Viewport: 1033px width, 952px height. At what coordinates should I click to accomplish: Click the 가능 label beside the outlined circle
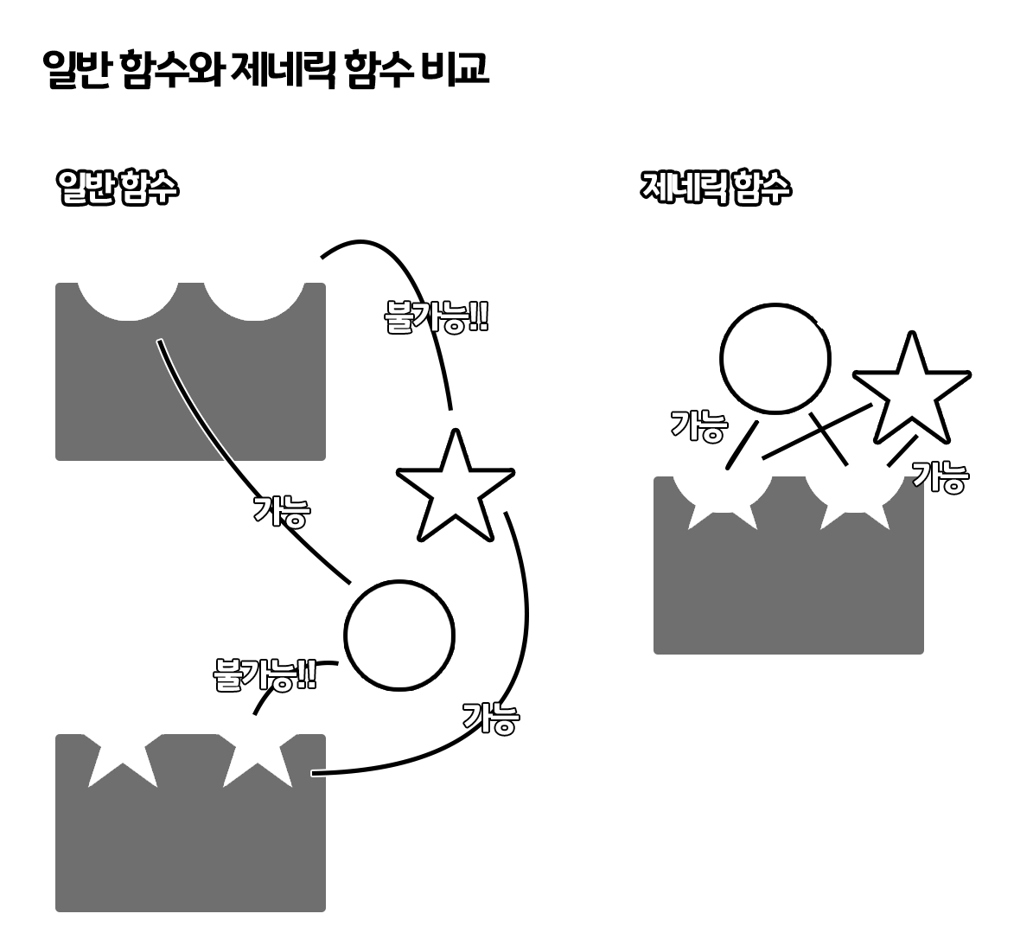pyautogui.click(x=699, y=426)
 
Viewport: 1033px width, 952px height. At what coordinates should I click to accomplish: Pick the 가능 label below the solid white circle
pyautogui.click(x=490, y=718)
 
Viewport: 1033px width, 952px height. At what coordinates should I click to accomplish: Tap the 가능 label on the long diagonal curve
pyautogui.click(x=281, y=510)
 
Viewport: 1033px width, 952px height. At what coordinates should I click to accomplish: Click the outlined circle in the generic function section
pyautogui.click(x=776, y=359)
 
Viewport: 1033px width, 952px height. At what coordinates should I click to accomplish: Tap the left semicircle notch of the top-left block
pyautogui.click(x=127, y=299)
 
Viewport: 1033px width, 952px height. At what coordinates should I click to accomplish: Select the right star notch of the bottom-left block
pyautogui.click(x=257, y=757)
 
